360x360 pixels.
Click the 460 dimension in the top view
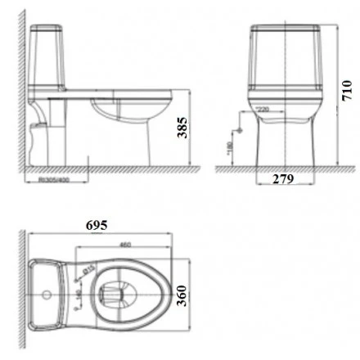pyautogui.click(x=126, y=244)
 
